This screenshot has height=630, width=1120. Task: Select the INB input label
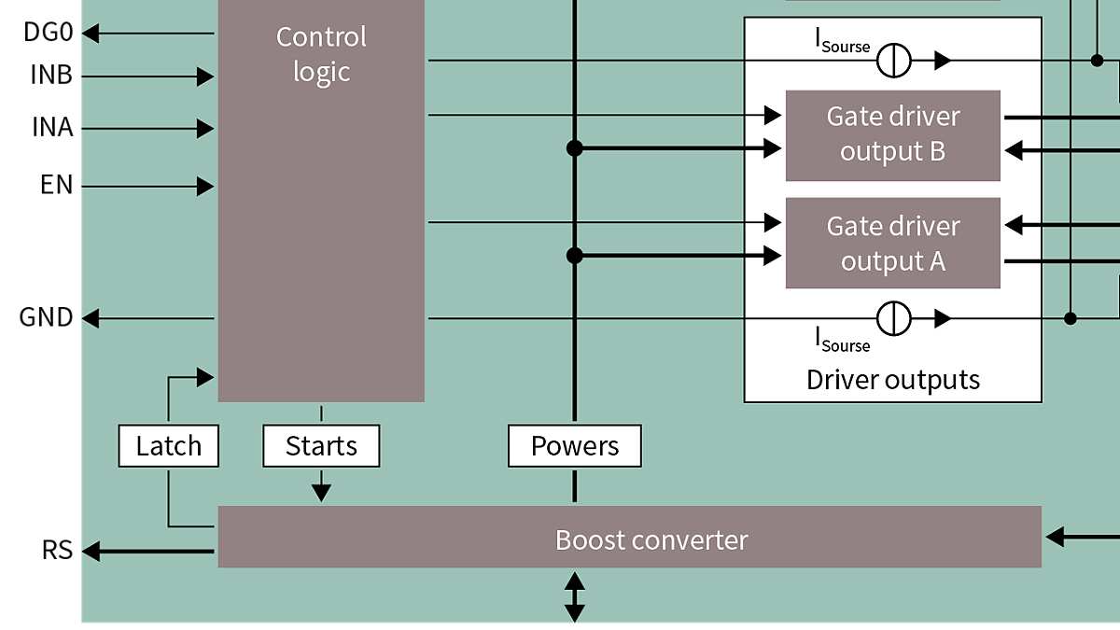tap(51, 76)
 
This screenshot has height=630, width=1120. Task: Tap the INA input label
tap(52, 128)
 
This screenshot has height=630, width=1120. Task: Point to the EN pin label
tap(56, 186)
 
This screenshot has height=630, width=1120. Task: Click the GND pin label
tap(46, 318)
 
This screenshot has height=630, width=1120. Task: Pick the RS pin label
tap(57, 551)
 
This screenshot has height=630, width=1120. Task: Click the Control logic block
tap(321, 201)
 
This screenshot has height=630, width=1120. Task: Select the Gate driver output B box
tap(892, 135)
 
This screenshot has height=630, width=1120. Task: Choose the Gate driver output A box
tap(892, 243)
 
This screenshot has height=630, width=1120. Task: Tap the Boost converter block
tap(629, 538)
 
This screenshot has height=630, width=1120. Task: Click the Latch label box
tap(169, 446)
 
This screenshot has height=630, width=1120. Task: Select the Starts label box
tap(321, 446)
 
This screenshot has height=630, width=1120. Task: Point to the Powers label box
tap(574, 446)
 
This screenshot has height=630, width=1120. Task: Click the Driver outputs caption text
tap(892, 380)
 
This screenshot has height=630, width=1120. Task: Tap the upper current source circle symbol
tap(893, 61)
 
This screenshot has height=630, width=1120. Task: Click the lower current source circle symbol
tap(893, 318)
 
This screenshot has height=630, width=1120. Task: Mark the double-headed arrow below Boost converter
tap(575, 597)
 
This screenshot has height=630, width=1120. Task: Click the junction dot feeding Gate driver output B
tap(575, 147)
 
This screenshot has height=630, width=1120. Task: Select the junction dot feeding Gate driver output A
tap(575, 255)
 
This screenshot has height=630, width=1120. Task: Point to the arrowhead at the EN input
tap(205, 187)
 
